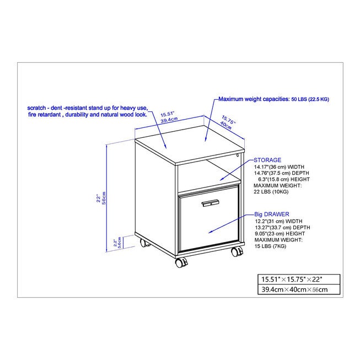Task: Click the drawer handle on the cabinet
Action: click(x=210, y=203)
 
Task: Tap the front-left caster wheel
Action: click(x=181, y=262)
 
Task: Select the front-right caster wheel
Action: click(x=237, y=251)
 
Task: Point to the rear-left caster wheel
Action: click(x=144, y=243)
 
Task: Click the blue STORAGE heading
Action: click(x=267, y=160)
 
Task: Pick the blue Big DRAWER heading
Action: click(x=272, y=214)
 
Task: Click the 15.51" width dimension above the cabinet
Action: click(x=168, y=114)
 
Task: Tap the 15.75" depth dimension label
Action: click(x=229, y=120)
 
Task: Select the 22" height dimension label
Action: click(x=99, y=198)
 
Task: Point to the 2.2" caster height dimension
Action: click(x=115, y=243)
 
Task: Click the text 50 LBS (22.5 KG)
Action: click(x=310, y=99)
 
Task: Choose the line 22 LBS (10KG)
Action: click(x=271, y=192)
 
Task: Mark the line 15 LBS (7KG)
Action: click(x=270, y=246)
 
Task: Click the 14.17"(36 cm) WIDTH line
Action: click(x=279, y=167)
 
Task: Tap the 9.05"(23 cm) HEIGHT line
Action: click(x=280, y=234)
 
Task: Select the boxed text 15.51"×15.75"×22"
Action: click(x=292, y=280)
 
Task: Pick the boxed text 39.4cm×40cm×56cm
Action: click(x=294, y=289)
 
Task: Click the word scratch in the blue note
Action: click(x=36, y=108)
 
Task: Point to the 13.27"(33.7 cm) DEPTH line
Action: click(x=282, y=227)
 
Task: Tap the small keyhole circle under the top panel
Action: click(x=238, y=155)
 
